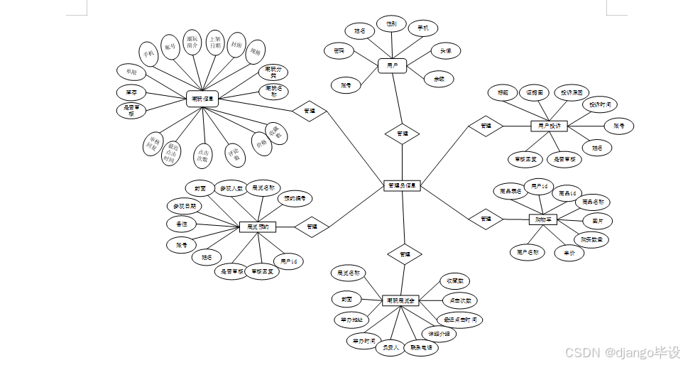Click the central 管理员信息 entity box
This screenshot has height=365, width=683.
tap(403, 185)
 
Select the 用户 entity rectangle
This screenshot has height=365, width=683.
tap(392, 65)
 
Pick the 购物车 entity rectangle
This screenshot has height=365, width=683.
tap(545, 219)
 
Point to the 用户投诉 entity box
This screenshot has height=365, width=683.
tap(550, 126)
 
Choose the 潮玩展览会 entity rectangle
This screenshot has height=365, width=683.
tap(402, 300)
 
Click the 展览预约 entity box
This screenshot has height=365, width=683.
tap(257, 227)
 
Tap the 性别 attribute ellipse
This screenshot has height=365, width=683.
tap(391, 23)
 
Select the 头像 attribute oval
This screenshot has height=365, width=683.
tap(445, 50)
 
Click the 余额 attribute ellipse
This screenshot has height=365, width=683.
tap(439, 80)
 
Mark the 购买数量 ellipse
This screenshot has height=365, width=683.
tap(591, 239)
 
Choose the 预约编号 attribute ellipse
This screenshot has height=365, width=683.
tap(295, 198)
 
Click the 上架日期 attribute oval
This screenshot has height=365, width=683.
tap(215, 42)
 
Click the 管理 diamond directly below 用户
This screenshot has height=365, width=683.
tap(402, 133)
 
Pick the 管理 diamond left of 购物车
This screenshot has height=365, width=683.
tap(486, 218)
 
